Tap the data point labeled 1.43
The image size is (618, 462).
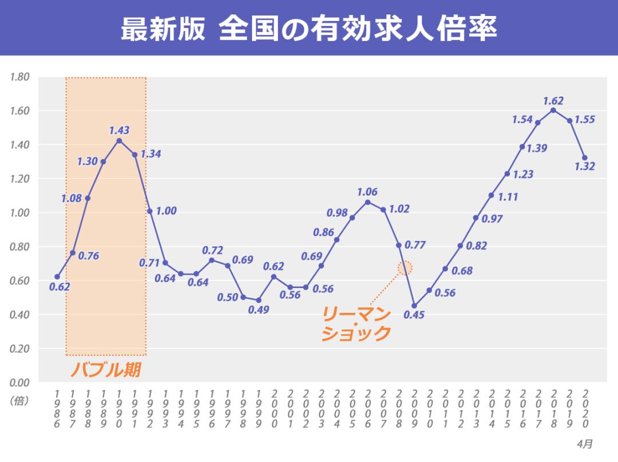pos(119,140)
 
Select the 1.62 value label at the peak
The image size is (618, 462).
pos(553,101)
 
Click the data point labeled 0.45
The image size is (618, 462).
pos(414,306)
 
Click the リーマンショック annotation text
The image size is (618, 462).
pos(356,323)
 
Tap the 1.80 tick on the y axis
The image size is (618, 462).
pos(19,77)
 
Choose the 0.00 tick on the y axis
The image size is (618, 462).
pos(19,382)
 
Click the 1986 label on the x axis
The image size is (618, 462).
pos(57,409)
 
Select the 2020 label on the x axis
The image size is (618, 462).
pos(585,409)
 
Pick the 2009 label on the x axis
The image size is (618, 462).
pos(414,409)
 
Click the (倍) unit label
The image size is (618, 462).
pos(19,401)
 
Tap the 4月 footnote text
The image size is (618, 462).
pos(584,444)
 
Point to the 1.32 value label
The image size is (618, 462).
pos(585,167)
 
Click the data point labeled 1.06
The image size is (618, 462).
pos(367,202)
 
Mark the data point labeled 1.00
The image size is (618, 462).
pos(150,211)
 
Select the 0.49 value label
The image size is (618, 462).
pos(259,310)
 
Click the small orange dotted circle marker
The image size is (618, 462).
pos(405,267)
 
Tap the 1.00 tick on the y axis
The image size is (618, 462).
pos(19,212)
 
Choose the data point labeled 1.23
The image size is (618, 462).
pos(507,173)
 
